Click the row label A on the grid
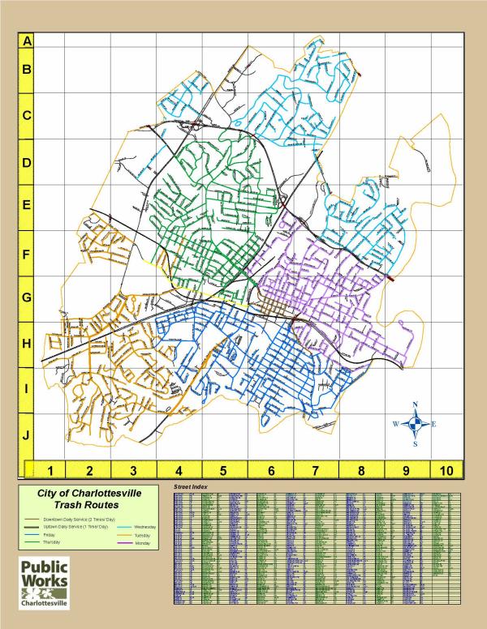tap(27, 40)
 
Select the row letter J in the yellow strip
tap(27, 435)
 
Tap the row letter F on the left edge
tap(27, 255)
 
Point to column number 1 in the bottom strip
tap(50, 470)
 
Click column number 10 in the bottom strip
tap(445, 470)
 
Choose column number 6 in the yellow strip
tap(272, 470)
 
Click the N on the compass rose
tap(416, 404)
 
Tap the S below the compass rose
tap(416, 444)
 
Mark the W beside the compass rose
tap(396, 424)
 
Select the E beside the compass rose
tap(434, 424)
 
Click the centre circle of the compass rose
tap(416, 424)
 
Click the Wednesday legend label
tap(145, 527)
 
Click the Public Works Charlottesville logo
tap(45, 582)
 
